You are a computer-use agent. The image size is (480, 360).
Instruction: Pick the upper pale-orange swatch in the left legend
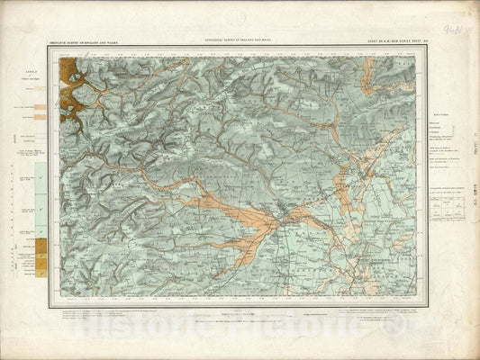tap(39, 108)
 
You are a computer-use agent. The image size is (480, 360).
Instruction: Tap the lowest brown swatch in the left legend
tap(39, 267)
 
